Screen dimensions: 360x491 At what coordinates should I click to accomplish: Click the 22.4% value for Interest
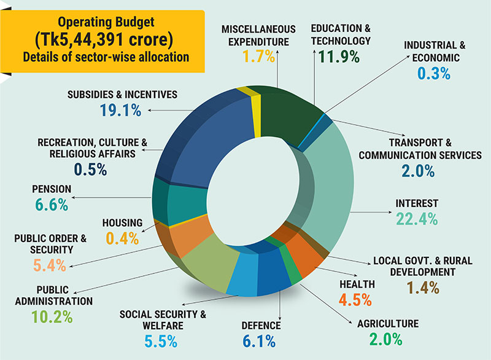pyautogui.click(x=415, y=219)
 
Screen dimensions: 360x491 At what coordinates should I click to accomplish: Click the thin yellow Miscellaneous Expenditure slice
pyautogui.click(x=257, y=104)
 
